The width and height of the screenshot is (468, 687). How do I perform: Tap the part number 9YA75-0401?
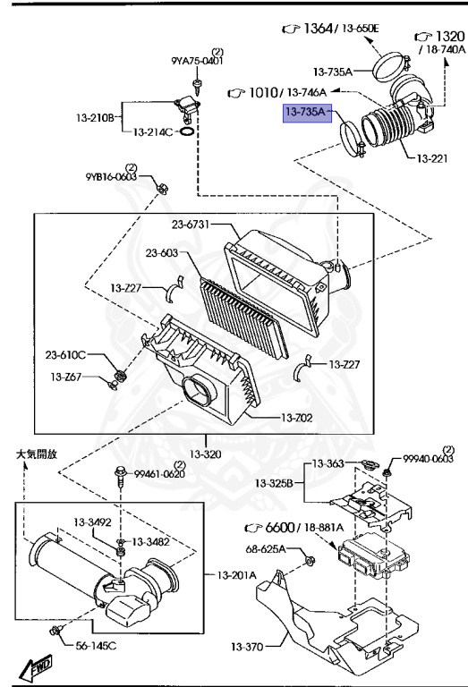197,61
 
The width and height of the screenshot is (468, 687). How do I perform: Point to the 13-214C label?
153,131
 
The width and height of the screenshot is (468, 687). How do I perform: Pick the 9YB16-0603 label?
112,177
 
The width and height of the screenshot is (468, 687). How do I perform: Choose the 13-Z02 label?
300,418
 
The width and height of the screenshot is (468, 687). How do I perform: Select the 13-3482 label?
150,541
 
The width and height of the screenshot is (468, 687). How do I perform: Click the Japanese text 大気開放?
36,454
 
